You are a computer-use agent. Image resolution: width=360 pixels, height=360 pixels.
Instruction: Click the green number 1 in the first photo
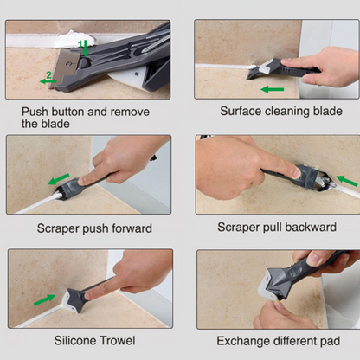click(80, 44)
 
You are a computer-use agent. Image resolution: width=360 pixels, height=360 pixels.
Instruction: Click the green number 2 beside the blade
click(48, 75)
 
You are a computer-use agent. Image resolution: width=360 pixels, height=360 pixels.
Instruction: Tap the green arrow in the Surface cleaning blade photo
click(273, 89)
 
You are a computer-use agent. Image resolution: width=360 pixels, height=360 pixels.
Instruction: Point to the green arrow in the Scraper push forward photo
click(59, 179)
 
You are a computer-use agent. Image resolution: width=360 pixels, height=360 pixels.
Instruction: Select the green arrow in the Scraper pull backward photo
click(347, 181)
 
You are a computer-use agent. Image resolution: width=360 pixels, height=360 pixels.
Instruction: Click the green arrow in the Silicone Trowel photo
click(44, 300)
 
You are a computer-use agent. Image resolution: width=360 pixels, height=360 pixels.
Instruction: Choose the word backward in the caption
click(311, 228)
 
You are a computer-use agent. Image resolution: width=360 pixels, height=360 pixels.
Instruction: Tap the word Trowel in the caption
click(118, 341)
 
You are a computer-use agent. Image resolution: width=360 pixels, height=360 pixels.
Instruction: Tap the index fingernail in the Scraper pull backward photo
click(295, 172)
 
